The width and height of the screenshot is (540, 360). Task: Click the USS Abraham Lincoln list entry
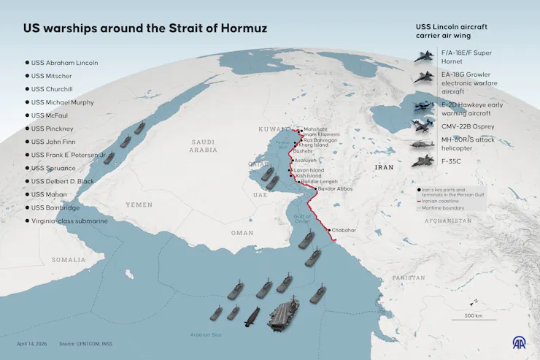[64, 63]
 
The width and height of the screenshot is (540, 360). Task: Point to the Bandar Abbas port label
[336, 190]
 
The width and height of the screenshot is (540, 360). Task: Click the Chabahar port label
[344, 230]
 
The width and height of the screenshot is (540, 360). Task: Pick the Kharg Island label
[315, 145]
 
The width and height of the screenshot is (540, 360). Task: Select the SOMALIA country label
[68, 259]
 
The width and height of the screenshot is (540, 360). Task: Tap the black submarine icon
[252, 315]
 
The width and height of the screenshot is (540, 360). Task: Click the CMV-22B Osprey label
[467, 126]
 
